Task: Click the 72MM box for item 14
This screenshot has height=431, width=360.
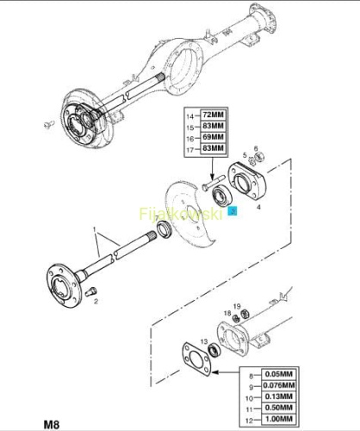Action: tap(213, 115)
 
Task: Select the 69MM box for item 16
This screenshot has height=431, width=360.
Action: tap(213, 137)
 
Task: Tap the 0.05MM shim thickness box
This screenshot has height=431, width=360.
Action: tap(278, 374)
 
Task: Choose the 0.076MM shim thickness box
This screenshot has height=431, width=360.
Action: tap(278, 385)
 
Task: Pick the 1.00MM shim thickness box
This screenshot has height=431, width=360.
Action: tap(278, 419)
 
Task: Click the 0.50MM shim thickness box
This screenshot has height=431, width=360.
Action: tap(278, 408)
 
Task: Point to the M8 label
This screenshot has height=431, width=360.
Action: tap(52, 424)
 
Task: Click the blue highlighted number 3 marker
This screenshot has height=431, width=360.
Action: tap(233, 211)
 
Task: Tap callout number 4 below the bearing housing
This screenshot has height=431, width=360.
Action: tap(258, 207)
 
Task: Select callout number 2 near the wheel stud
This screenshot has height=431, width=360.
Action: tap(96, 302)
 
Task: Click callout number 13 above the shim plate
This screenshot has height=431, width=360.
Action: tap(204, 341)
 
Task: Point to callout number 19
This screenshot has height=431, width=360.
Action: tap(237, 307)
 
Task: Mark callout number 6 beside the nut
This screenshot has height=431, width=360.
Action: tap(256, 148)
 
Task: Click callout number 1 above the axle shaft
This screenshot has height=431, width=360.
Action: tap(94, 229)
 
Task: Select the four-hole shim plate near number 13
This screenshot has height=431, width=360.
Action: tap(196, 359)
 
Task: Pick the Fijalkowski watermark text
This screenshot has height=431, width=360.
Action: tap(181, 214)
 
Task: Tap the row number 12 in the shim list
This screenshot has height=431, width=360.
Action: tap(250, 421)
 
